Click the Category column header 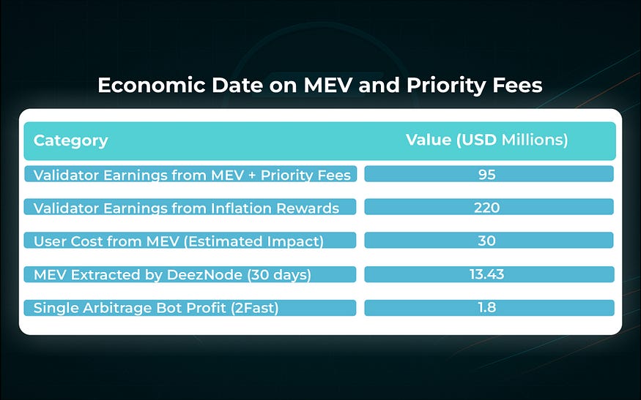[x=70, y=140]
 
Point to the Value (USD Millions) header [x=487, y=140]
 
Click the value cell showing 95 [x=488, y=174]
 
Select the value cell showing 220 [x=488, y=208]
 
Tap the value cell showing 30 [x=488, y=241]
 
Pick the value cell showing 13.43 [x=488, y=274]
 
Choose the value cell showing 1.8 [x=488, y=307]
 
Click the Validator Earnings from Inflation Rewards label [x=186, y=208]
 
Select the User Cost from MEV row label [x=178, y=241]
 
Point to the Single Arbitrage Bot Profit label [x=156, y=308]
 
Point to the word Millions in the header [x=535, y=140]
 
